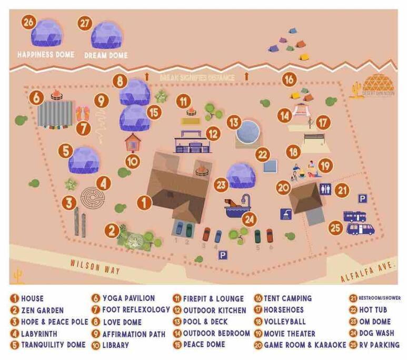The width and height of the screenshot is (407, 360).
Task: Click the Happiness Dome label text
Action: (46, 54)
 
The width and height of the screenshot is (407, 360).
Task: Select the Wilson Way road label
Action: (95, 267)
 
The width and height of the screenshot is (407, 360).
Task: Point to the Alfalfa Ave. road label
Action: (367, 270)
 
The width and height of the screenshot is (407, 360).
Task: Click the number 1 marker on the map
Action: (144, 202)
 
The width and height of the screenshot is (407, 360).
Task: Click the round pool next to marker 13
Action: (247, 132)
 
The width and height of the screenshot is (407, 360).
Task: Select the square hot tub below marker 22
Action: (270, 166)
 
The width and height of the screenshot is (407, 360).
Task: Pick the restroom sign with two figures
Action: (325, 189)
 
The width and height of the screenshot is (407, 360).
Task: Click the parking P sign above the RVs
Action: (363, 198)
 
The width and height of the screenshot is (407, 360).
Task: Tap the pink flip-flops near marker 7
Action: (83, 113)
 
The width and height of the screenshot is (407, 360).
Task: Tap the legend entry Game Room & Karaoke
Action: (300, 345)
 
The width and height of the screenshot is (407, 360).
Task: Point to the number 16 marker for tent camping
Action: (289, 80)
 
